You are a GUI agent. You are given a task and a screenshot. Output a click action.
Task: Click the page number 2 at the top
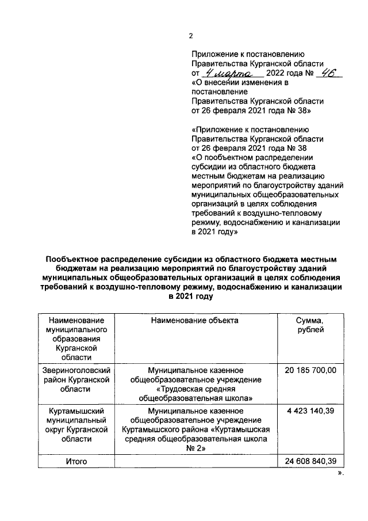click(191, 37)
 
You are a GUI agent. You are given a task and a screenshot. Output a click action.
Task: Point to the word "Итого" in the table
click(76, 462)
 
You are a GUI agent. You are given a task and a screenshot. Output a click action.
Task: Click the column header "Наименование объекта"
click(195, 320)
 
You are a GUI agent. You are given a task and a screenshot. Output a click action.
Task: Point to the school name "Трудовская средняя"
click(195, 389)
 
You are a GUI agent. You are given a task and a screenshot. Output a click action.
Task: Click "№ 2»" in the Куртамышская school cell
click(195, 449)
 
